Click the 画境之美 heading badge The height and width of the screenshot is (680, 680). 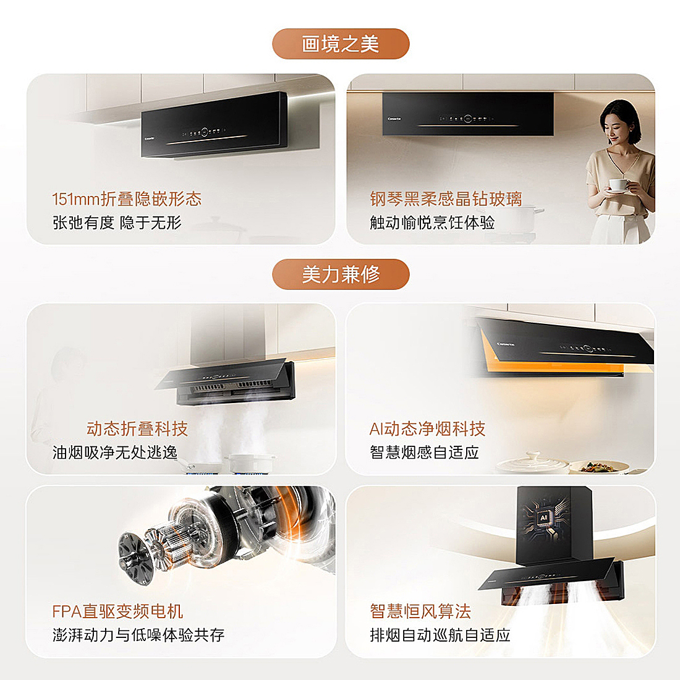point(341,44)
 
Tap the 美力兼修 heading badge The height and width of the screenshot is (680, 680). point(341,274)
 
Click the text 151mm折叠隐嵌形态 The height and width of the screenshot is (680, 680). point(127,199)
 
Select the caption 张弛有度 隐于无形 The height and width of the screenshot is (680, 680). point(117,223)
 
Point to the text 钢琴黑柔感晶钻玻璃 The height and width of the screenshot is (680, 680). point(446,199)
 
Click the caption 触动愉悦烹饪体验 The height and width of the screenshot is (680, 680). point(432,223)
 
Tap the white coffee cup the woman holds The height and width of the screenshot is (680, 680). point(618,185)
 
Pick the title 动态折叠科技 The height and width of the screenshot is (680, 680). point(137,429)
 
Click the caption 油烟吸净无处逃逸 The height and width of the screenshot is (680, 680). point(115,453)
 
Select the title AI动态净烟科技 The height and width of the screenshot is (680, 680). point(427,429)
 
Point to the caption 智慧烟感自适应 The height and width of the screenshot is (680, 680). point(424,453)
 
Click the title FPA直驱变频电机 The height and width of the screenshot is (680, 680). point(117,611)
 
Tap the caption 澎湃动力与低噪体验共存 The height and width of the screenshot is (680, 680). point(138,635)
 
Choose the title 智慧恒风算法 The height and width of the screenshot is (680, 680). point(420,611)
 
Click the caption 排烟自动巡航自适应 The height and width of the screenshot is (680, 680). point(440,635)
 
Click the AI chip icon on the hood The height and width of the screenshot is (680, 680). point(543,518)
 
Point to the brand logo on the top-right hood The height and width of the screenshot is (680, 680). point(394,119)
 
